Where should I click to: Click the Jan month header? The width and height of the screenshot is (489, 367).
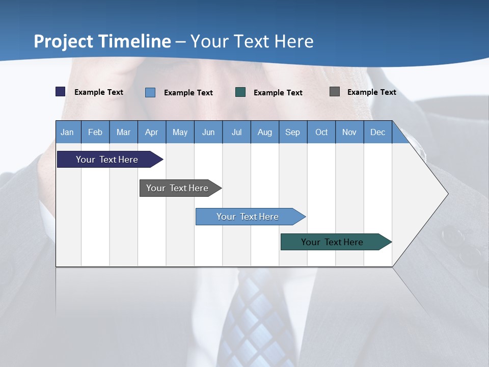(67, 133)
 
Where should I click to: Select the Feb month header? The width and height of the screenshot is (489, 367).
(95, 133)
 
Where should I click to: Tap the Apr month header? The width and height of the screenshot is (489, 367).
(151, 133)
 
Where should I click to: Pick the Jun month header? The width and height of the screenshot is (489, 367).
(208, 133)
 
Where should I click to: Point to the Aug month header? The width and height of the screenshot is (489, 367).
(264, 133)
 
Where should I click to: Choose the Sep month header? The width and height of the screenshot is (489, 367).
(292, 133)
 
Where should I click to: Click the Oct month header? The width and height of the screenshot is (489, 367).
(321, 133)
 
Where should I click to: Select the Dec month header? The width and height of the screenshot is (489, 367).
(377, 133)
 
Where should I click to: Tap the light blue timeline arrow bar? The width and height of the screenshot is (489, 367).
(248, 217)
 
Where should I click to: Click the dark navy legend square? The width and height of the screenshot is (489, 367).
(61, 92)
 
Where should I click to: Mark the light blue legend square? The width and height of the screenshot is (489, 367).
(150, 92)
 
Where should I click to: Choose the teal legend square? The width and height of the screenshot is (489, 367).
(240, 92)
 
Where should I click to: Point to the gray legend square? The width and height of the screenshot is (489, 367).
(335, 92)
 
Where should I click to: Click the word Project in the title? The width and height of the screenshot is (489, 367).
(64, 41)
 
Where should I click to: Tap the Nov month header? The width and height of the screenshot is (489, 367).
(349, 133)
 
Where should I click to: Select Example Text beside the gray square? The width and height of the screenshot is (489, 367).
(371, 92)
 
